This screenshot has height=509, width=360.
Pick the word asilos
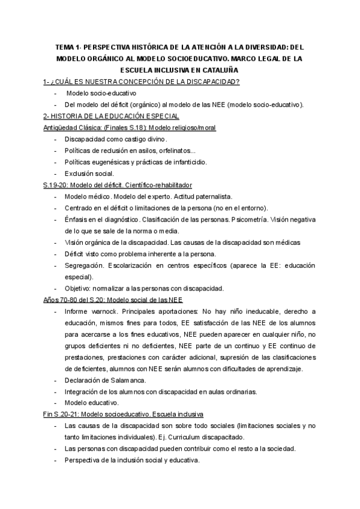coord(149,151)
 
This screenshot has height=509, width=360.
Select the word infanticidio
coord(187,162)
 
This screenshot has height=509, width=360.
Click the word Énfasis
coord(77,219)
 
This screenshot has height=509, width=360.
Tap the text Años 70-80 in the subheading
coord(55,300)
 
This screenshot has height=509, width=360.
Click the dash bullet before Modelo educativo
coord(55,403)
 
